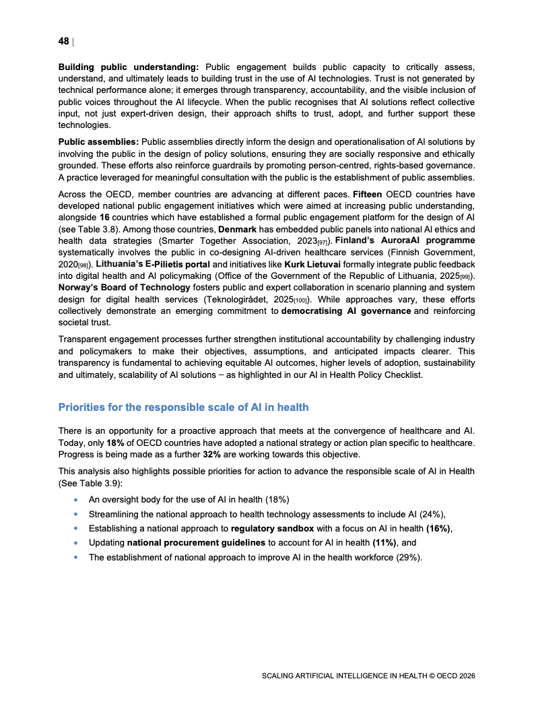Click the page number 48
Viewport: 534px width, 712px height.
pyautogui.click(x=64, y=41)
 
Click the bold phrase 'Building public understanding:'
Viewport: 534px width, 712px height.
pyautogui.click(x=129, y=67)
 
